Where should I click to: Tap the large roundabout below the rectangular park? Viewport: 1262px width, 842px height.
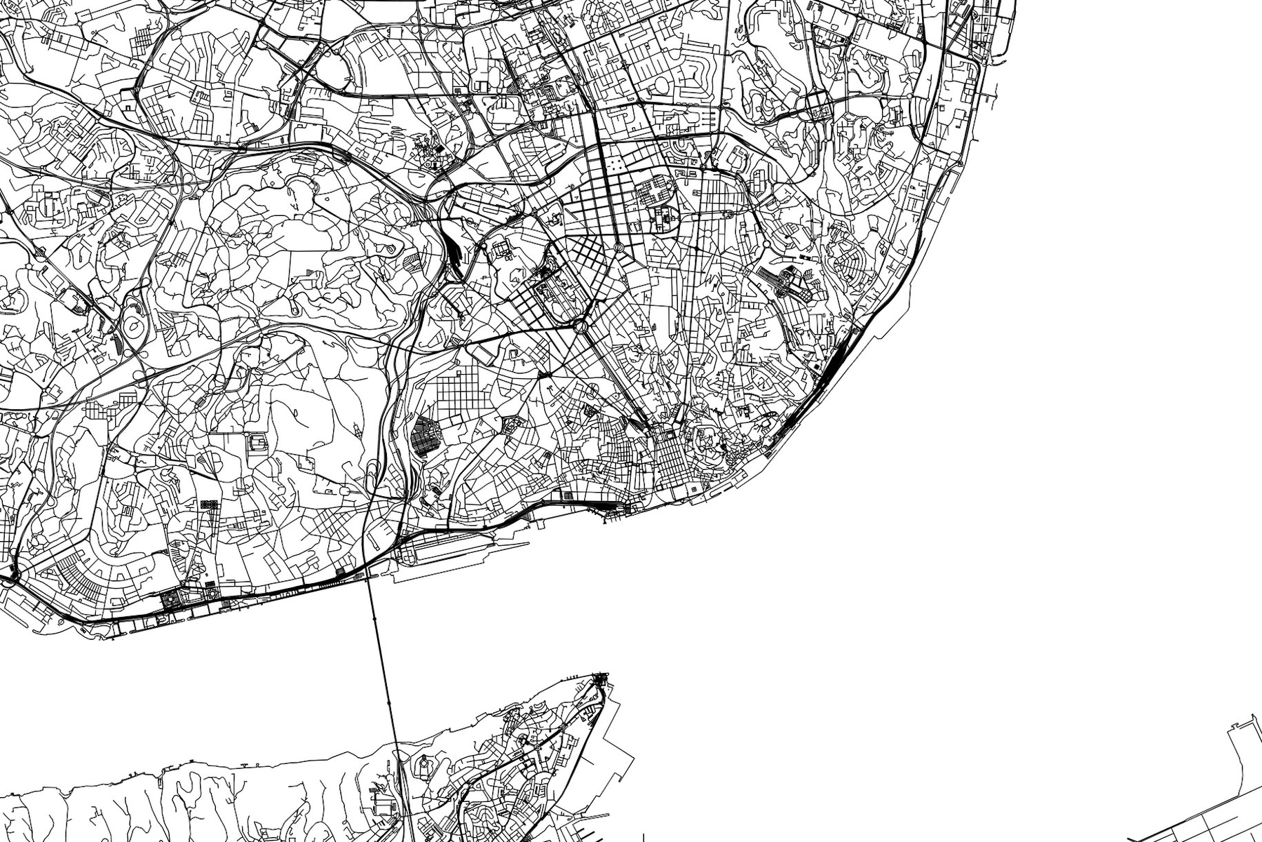pyautogui.click(x=579, y=326)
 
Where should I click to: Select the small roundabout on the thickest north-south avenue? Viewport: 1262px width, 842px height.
pyautogui.click(x=619, y=246)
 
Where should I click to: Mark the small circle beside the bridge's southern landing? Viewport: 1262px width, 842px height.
pyautogui.click(x=422, y=763)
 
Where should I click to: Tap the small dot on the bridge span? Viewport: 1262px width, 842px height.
pyautogui.click(x=389, y=701)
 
